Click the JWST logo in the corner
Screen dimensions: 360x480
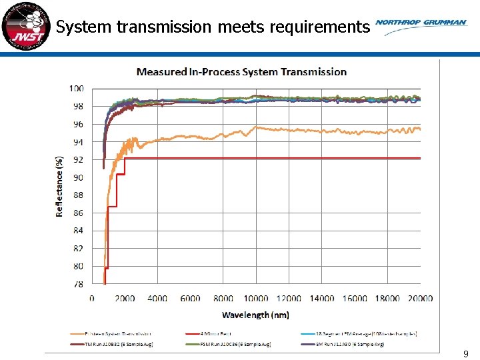(25, 26)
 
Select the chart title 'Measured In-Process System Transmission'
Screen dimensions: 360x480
(241, 71)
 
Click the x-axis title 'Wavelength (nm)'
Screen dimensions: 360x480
(255, 314)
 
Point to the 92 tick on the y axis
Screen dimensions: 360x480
(78, 160)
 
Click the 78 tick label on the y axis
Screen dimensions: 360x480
(78, 284)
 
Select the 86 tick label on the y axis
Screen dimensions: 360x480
(78, 213)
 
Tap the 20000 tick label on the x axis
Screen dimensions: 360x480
(419, 299)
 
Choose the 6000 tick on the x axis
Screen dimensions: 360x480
(190, 299)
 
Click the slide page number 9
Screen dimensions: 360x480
(466, 355)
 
